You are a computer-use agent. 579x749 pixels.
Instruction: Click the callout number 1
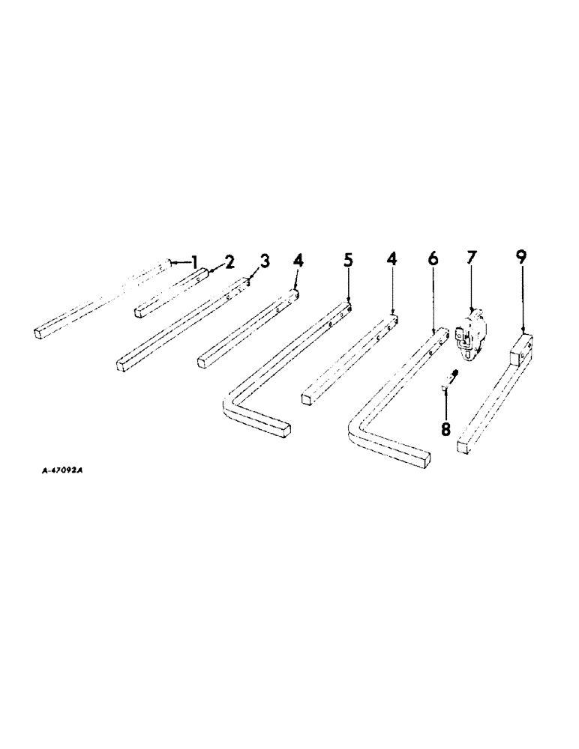[x=195, y=262]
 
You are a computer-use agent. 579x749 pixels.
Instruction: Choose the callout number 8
[x=445, y=430]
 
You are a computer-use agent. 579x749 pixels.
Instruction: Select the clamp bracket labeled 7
[x=470, y=337]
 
